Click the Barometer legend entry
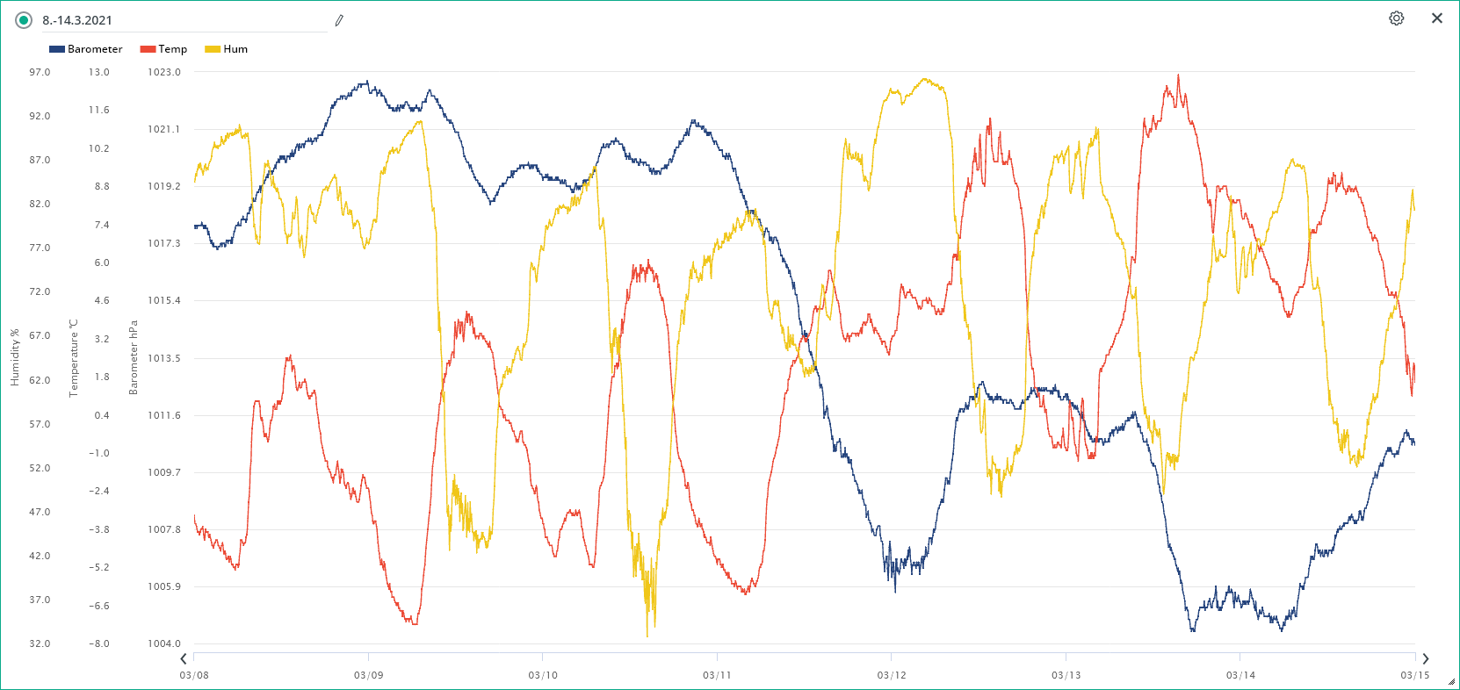click(86, 49)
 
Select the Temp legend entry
click(164, 49)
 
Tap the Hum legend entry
click(227, 49)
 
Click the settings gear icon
click(1396, 18)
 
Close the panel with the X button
click(1436, 18)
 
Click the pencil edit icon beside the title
click(339, 20)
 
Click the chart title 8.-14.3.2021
click(77, 20)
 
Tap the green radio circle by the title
click(24, 20)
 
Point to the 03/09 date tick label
click(368, 675)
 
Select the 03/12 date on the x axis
click(891, 675)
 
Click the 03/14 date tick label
click(1240, 675)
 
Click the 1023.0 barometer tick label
click(163, 72)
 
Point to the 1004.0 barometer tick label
click(163, 643)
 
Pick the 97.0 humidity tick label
click(40, 72)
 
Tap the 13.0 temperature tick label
click(98, 72)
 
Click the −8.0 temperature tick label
click(98, 643)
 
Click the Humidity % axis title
click(15, 357)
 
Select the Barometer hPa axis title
click(134, 357)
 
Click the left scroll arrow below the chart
click(184, 658)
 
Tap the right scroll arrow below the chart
click(1425, 658)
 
